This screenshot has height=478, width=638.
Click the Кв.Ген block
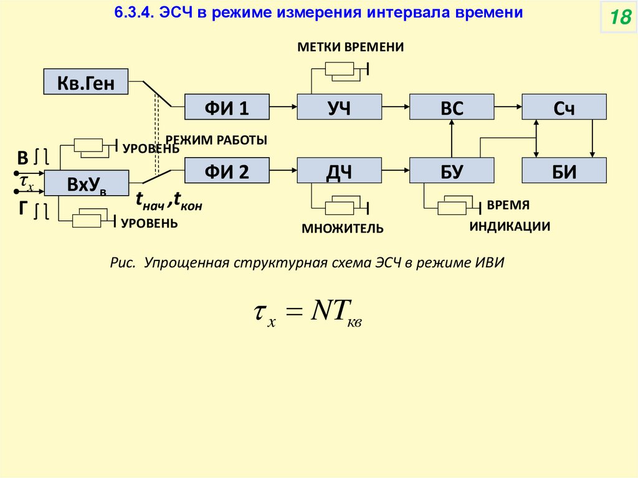tap(86, 82)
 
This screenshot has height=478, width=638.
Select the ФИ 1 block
tap(227, 107)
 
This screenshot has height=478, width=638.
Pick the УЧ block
tap(339, 107)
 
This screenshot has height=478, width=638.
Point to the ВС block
tap(452, 107)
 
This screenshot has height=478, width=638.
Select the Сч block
tap(564, 107)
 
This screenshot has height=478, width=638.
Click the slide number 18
tap(619, 18)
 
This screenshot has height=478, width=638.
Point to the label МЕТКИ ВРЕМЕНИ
tap(350, 47)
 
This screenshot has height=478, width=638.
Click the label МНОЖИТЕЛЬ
tap(343, 229)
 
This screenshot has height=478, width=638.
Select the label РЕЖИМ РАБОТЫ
tap(216, 141)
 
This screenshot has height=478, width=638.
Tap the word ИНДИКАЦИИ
tap(510, 226)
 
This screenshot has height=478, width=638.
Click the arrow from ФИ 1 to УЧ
tap(283, 107)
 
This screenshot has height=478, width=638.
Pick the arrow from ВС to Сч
tap(508, 107)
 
